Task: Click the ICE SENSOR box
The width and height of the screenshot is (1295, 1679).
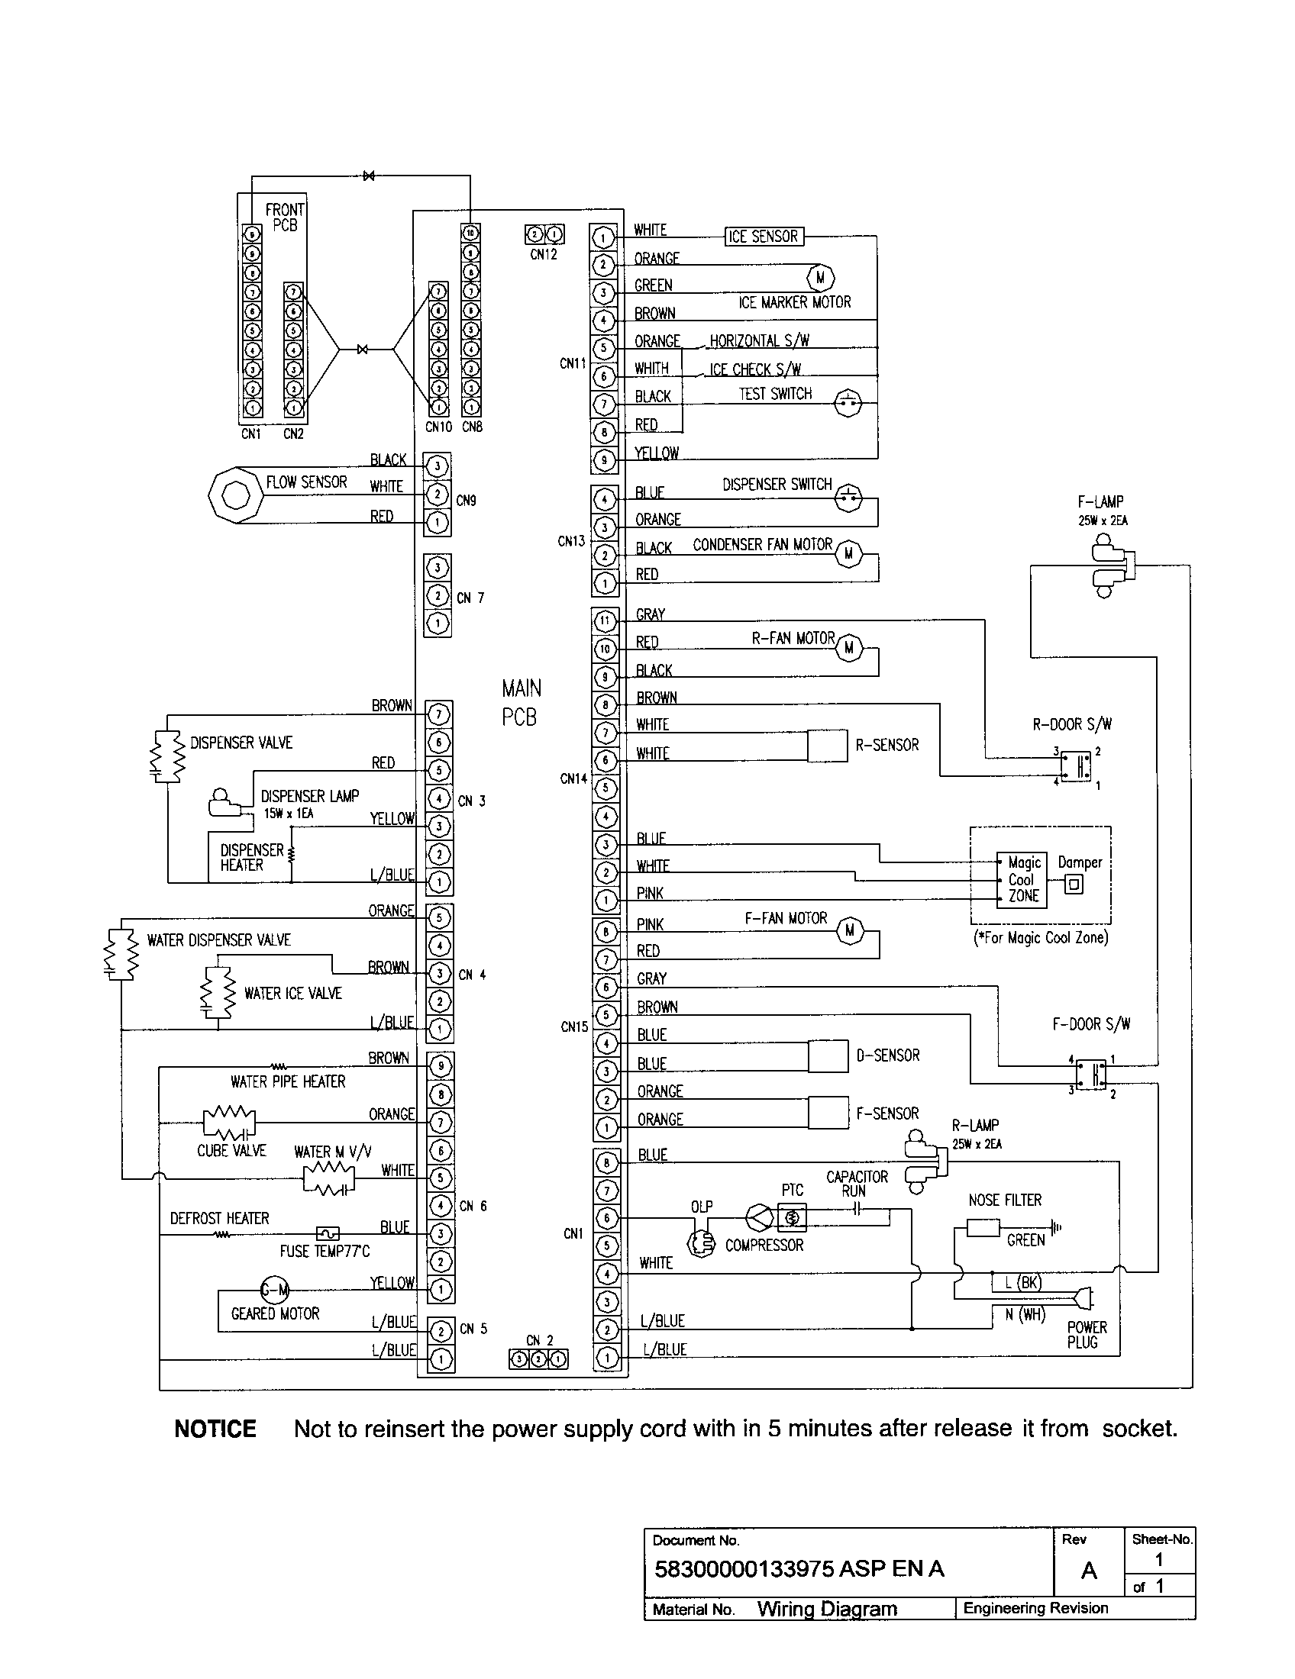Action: coord(764,237)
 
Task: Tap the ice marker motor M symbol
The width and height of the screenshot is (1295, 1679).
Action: coord(820,278)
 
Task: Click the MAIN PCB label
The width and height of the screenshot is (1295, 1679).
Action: coord(521,703)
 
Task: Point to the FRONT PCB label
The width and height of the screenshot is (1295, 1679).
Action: coord(285,218)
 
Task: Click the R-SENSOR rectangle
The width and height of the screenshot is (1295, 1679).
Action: coord(828,746)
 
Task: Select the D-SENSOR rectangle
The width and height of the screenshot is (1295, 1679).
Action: coord(828,1057)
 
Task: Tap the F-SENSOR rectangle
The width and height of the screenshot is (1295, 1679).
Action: coord(828,1113)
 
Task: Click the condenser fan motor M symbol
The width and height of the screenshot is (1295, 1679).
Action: coord(848,553)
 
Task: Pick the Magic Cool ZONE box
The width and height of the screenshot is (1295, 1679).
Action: coord(1022,880)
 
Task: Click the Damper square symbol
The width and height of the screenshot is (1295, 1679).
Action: coord(1074,885)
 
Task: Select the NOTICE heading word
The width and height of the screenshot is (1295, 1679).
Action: coord(215,1429)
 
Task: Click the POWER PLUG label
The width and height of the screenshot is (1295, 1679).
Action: coord(1087,1335)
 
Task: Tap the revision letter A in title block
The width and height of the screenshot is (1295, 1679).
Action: coord(1089,1570)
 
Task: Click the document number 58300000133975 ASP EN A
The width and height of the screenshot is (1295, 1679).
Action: coord(798,1569)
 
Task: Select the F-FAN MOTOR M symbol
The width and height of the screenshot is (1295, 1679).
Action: coord(850,931)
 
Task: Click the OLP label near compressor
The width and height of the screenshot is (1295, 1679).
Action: coord(701,1207)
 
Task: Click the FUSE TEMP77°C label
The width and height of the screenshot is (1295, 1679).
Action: coord(325,1252)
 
